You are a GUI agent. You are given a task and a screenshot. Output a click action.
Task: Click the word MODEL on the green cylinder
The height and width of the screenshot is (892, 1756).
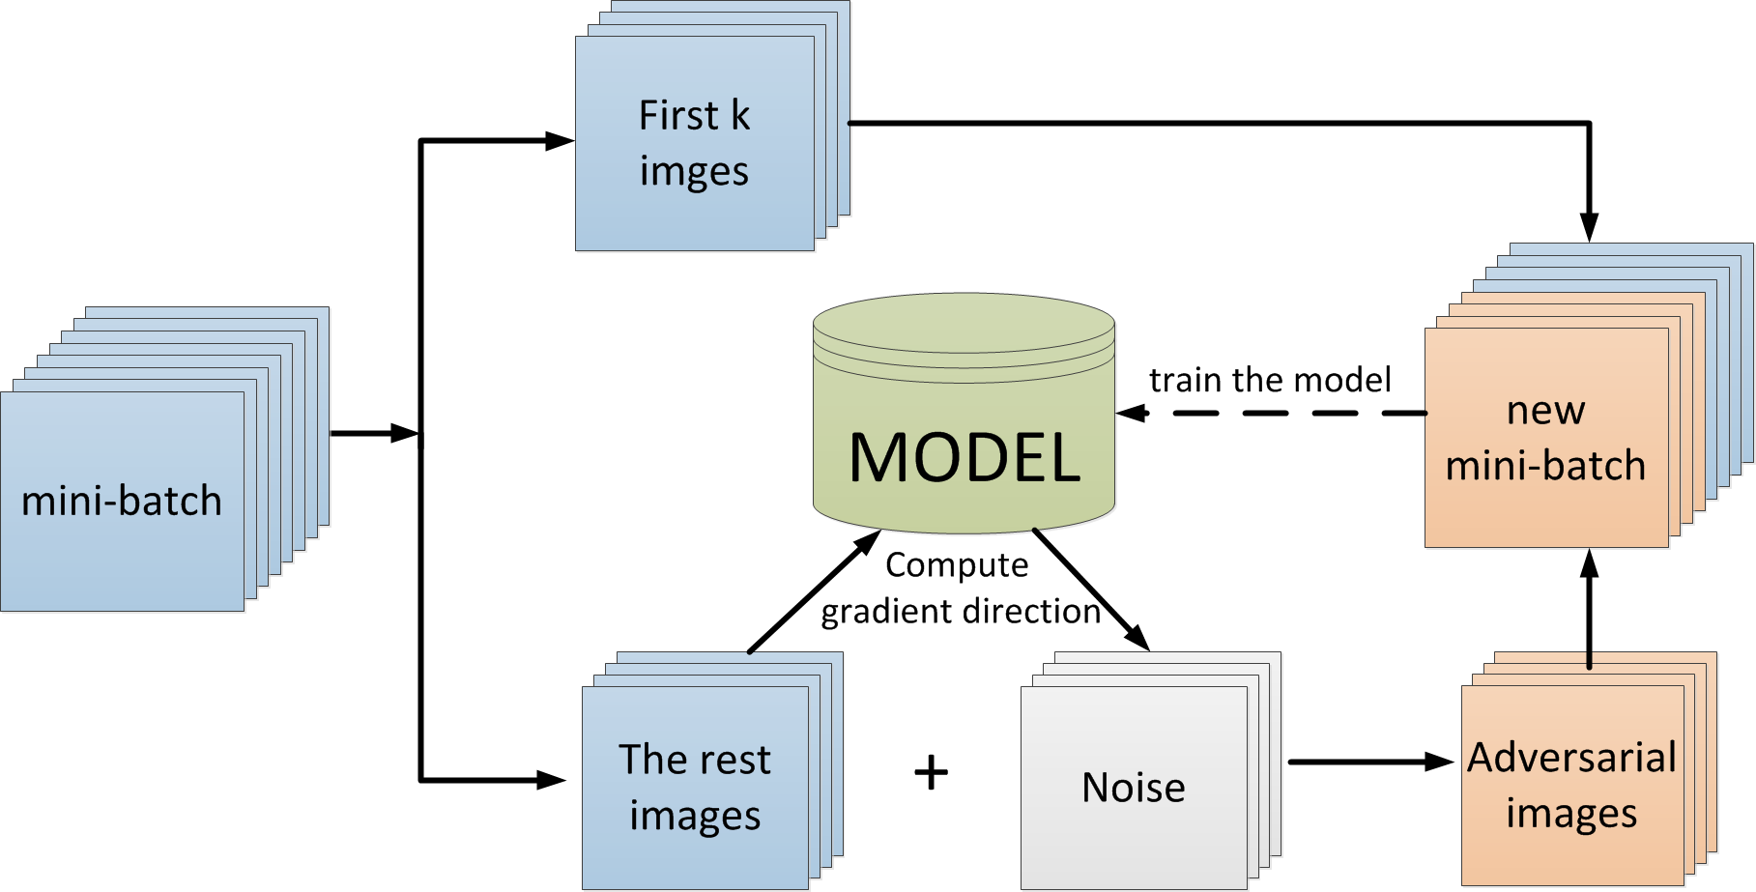click(x=964, y=457)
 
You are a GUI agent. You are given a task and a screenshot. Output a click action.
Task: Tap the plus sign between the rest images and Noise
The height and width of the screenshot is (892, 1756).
click(x=931, y=773)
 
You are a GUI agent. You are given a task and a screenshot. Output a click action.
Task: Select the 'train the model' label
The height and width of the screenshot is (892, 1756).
click(x=1270, y=380)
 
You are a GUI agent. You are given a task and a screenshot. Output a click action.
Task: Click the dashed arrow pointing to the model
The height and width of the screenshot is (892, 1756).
click(x=1272, y=414)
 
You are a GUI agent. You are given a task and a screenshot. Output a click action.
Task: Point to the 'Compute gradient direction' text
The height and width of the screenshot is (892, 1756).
click(x=961, y=588)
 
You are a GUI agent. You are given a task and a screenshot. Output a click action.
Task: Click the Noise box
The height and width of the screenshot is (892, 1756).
click(x=1134, y=788)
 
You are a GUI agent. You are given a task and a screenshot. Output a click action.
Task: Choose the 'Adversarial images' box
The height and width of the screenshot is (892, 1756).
click(x=1572, y=785)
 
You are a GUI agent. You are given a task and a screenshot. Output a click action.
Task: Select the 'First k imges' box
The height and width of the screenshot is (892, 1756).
click(x=695, y=143)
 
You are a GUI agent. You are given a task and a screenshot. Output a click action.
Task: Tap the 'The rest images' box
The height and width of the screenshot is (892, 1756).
click(x=695, y=788)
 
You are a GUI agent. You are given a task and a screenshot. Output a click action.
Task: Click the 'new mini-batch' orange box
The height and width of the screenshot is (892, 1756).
click(x=1546, y=438)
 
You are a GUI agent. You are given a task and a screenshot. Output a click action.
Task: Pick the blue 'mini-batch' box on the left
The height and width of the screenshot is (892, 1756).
click(x=122, y=501)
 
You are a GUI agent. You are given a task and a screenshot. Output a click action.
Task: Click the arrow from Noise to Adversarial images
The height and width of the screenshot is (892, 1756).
click(x=1371, y=762)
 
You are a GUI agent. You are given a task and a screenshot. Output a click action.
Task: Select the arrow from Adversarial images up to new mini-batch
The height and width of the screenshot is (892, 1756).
click(x=1589, y=609)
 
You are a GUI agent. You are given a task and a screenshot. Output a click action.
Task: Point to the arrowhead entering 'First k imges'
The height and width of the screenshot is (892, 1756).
click(x=560, y=141)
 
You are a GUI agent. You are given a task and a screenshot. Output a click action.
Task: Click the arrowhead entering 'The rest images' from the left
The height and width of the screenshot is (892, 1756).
click(x=552, y=779)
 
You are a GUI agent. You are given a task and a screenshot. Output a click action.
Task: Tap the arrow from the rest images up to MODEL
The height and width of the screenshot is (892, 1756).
click(x=815, y=591)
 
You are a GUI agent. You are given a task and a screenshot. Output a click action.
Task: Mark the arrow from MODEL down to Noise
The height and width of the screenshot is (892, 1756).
click(x=1091, y=590)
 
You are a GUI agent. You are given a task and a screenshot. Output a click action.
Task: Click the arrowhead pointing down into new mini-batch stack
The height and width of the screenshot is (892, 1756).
click(x=1589, y=228)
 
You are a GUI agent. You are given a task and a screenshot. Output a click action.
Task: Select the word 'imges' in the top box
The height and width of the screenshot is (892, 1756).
click(x=694, y=172)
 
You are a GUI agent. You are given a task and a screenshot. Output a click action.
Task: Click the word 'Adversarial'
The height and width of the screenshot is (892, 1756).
click(x=1572, y=758)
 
